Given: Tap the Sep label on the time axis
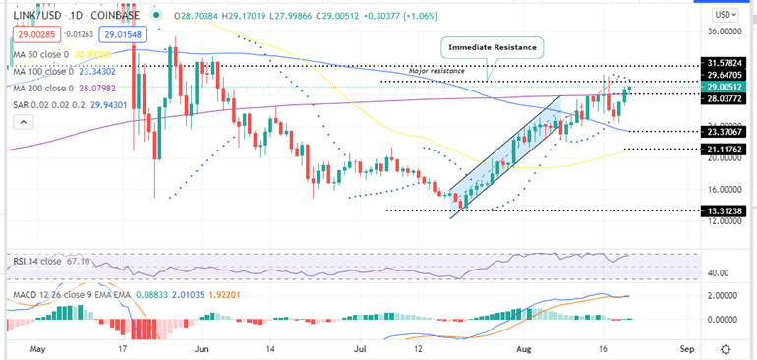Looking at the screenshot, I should pos(687,348).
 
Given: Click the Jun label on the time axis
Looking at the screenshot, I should pos(204,348).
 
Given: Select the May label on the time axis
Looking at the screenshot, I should pos(39,348).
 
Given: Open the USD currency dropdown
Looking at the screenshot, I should pos(725,15).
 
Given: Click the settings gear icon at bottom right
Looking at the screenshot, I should pos(725,348).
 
